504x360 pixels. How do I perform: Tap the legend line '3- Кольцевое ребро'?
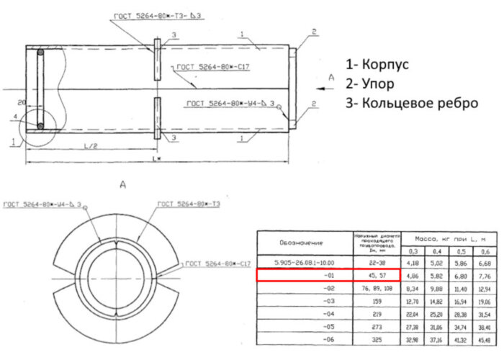point(411,102)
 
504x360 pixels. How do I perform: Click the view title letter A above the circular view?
point(122,185)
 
